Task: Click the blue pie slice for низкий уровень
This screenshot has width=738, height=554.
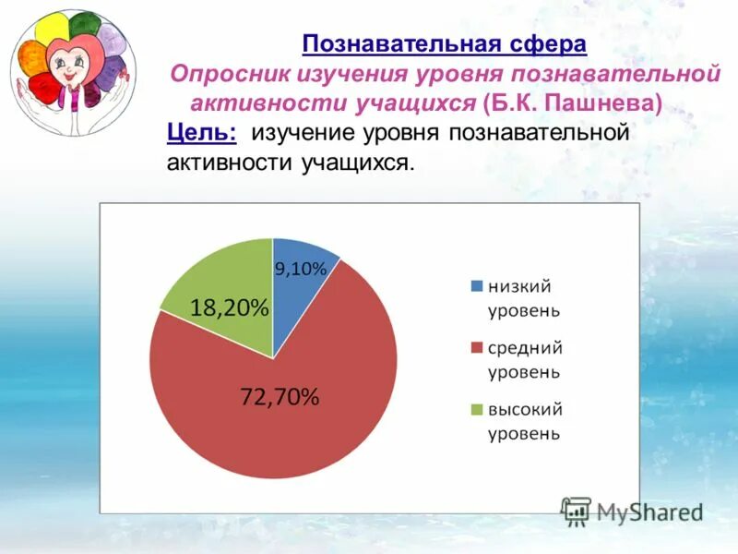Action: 300,286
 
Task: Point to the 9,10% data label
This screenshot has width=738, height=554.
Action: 301,270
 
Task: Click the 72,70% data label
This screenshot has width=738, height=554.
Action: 280,398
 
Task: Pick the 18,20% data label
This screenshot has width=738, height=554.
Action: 230,308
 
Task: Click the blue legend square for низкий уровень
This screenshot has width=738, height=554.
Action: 476,286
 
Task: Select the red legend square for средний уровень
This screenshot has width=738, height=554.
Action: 476,348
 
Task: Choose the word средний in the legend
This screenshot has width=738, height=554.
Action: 526,348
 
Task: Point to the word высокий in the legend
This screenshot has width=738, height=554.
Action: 526,409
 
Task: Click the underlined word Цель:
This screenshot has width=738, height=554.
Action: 202,132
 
